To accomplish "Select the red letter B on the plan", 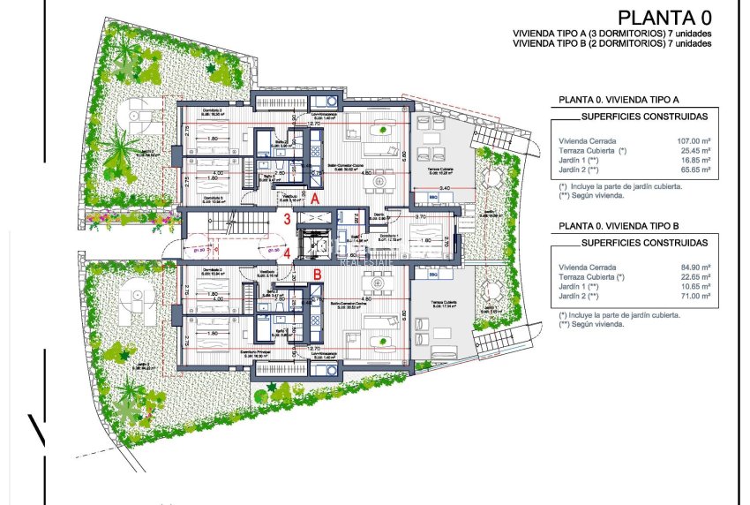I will [x=315, y=273].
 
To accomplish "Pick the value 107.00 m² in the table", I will [x=690, y=140].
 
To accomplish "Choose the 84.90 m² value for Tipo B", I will [x=690, y=266].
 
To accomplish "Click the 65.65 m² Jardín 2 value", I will [x=690, y=173].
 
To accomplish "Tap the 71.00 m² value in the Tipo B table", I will [x=690, y=298].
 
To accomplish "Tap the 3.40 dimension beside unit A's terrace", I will [x=445, y=188].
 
